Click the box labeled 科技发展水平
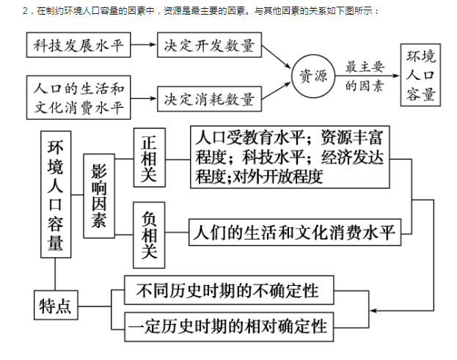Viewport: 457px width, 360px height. click(78, 45)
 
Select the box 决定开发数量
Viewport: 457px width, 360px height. click(209, 45)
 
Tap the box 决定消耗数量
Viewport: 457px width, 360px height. click(209, 99)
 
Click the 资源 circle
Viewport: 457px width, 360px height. click(313, 76)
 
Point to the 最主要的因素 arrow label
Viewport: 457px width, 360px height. click(365, 76)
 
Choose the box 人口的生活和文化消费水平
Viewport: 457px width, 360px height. click(78, 98)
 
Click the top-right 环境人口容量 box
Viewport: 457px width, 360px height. click(420, 75)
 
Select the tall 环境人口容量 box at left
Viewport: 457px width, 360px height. click(56, 194)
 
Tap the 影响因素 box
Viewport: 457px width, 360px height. click(99, 196)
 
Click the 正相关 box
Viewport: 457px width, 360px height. click(150, 158)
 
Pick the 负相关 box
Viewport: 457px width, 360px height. click(149, 235)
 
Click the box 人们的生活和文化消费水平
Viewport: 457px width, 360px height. click(295, 232)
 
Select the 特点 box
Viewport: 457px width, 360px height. click(56, 305)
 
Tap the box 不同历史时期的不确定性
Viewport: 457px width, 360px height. click(229, 290)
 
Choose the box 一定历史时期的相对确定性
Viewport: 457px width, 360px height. click(229, 327)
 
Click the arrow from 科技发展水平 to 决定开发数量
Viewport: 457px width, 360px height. click(143, 45)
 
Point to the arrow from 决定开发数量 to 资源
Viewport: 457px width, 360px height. click(277, 56)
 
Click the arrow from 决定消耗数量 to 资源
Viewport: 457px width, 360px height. click(277, 91)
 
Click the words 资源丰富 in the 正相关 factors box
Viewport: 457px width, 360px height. click(352, 137)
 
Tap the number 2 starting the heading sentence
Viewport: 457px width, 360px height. click(25, 11)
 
